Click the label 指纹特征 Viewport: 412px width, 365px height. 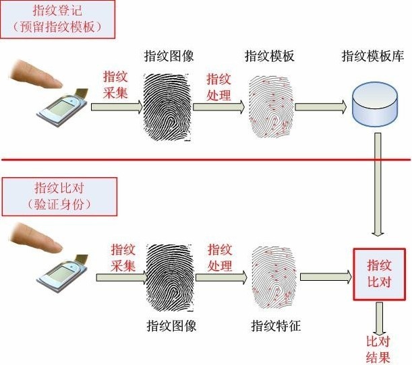pos(275,327)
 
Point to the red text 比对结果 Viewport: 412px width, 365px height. pos(378,350)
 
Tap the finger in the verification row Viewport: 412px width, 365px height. pos(37,242)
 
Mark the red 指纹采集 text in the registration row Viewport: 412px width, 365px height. pos(115,86)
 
